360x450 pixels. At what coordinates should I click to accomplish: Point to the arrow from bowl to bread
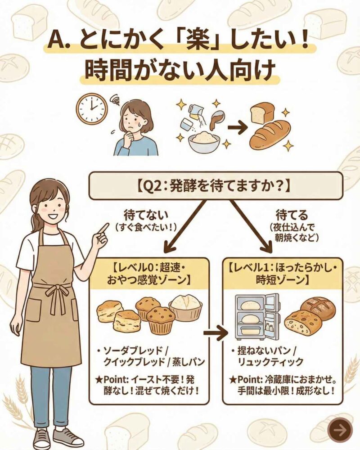[237, 127]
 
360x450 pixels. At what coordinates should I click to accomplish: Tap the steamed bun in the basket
[185, 307]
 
